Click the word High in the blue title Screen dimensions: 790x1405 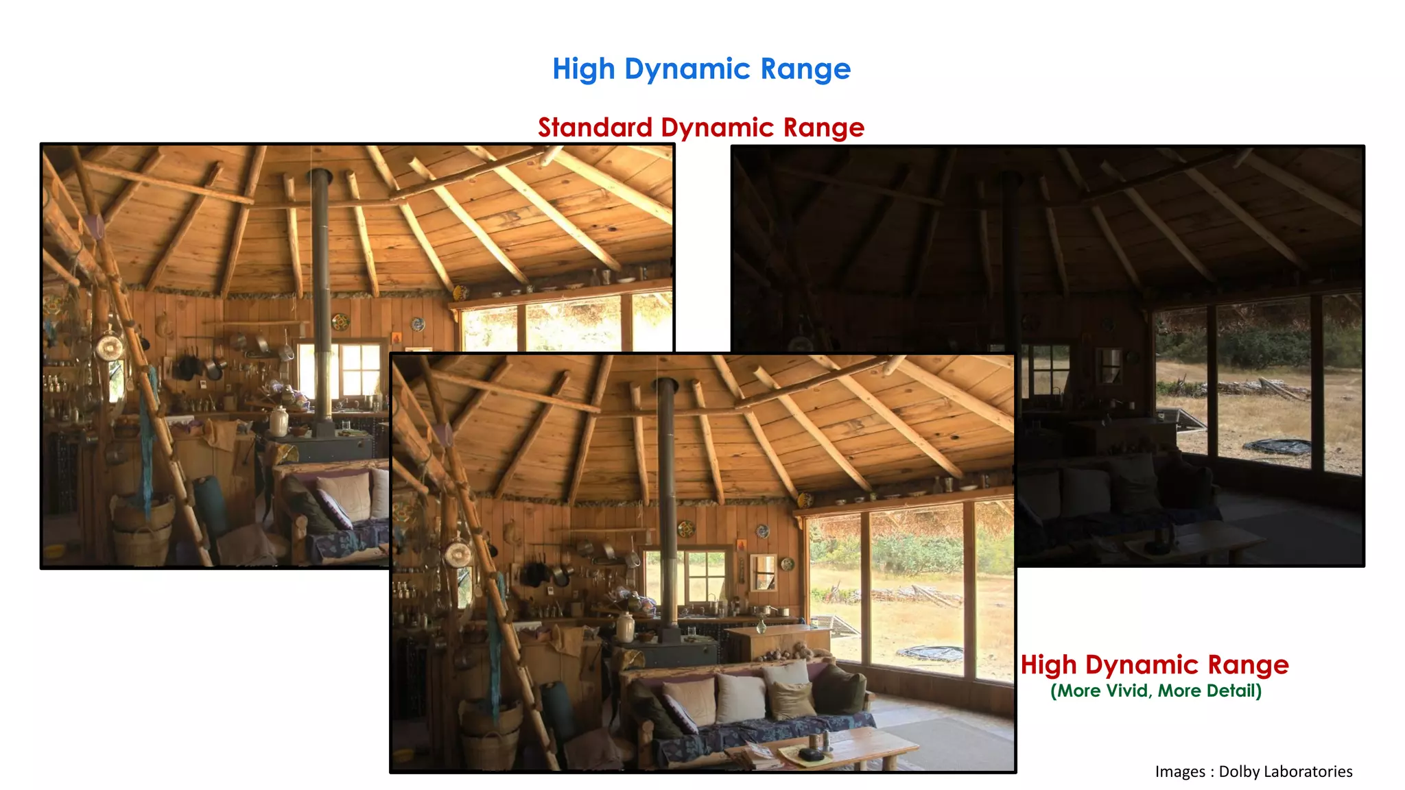pyautogui.click(x=583, y=69)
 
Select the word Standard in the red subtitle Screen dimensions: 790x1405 pyautogui.click(x=595, y=128)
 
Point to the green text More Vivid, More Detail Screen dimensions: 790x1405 pyautogui.click(x=1155, y=691)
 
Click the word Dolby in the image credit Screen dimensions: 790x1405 pyautogui.click(x=1240, y=771)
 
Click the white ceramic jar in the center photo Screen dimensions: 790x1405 pyautogui.click(x=625, y=627)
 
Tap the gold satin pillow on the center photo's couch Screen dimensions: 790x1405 pyautogui.click(x=791, y=699)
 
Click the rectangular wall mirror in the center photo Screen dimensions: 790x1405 pyautogui.click(x=763, y=572)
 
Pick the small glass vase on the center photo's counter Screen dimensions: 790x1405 pyautogui.click(x=760, y=625)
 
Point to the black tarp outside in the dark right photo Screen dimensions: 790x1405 pyautogui.click(x=1277, y=446)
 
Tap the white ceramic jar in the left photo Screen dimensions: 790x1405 pyautogui.click(x=278, y=421)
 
